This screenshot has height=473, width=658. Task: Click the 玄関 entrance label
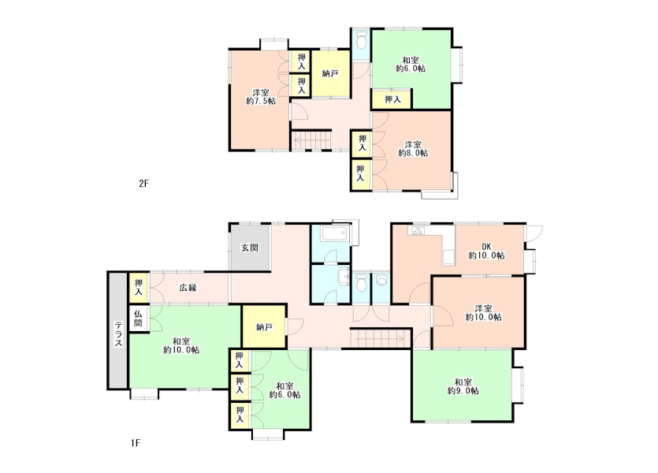(x=249, y=248)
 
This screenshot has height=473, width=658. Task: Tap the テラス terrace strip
(x=118, y=331)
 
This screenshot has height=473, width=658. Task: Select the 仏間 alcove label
(x=139, y=318)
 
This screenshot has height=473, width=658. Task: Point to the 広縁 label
(x=188, y=288)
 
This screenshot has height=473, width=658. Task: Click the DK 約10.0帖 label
(x=486, y=251)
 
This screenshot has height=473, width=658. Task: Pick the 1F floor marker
(x=135, y=443)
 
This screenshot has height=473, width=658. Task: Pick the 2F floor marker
(x=144, y=184)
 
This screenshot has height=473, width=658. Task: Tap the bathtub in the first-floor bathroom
(x=334, y=234)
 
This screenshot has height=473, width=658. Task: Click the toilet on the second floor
(x=360, y=42)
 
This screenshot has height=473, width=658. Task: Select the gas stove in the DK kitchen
(x=417, y=230)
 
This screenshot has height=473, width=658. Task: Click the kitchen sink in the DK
(x=448, y=257)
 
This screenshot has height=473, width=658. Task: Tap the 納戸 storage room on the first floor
(x=264, y=326)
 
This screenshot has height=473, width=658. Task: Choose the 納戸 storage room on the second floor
(x=330, y=74)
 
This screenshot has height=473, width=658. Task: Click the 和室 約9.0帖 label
(x=463, y=386)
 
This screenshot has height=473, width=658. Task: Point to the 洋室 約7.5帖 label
(x=261, y=96)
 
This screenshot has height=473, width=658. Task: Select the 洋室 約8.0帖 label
(x=413, y=148)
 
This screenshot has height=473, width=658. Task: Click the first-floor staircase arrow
(x=377, y=337)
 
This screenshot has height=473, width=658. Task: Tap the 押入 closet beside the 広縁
(x=139, y=288)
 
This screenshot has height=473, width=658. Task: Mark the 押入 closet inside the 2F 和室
(x=392, y=100)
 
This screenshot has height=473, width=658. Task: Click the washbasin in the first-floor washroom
(x=344, y=276)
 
